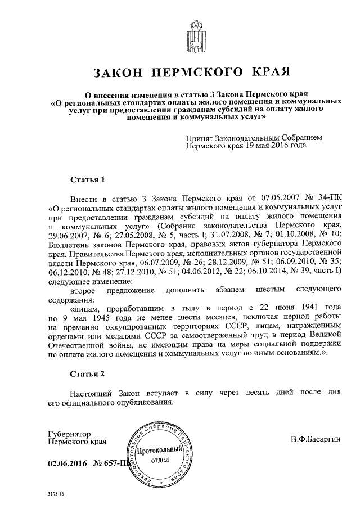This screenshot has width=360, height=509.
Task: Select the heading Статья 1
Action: coord(87,180)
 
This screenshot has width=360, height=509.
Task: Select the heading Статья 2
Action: coord(87,373)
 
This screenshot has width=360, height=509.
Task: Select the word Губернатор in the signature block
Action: coord(69,434)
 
